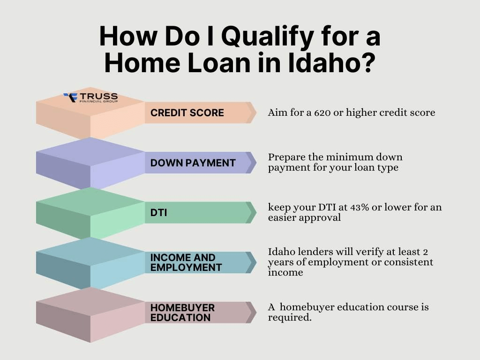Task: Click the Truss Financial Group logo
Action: tap(90, 97)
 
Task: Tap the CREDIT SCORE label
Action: tap(187, 112)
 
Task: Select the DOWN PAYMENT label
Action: tap(193, 163)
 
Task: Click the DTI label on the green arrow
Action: tap(158, 212)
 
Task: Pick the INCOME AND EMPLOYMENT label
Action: tap(186, 262)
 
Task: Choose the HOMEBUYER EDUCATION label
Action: tap(182, 313)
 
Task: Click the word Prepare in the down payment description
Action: tap(286, 157)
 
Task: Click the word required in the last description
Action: tap(290, 318)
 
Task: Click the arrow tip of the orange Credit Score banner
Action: tap(256, 112)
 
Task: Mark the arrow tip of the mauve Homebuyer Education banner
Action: tap(256, 313)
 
